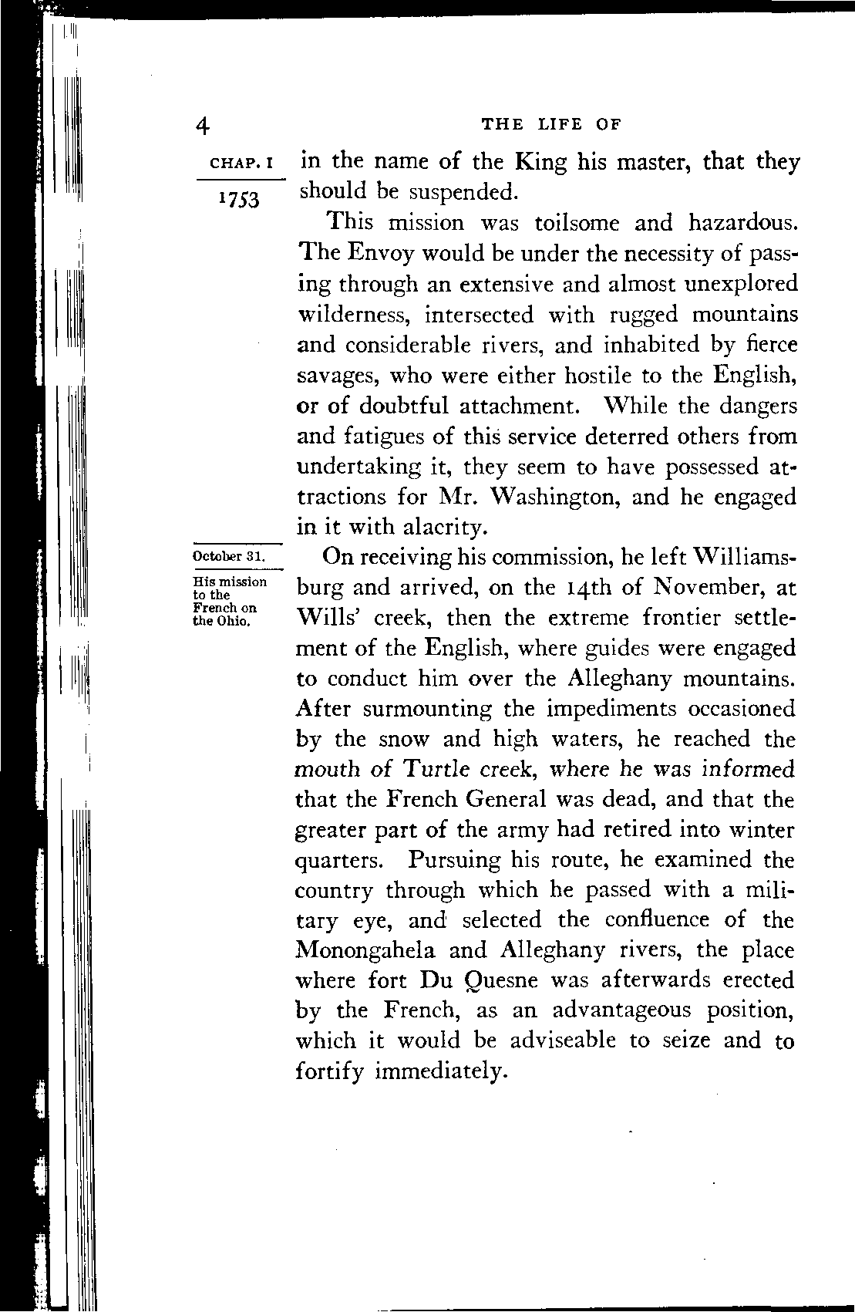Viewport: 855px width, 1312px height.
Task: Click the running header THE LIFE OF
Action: pos(550,124)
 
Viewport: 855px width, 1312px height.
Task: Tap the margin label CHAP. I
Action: pos(242,164)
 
